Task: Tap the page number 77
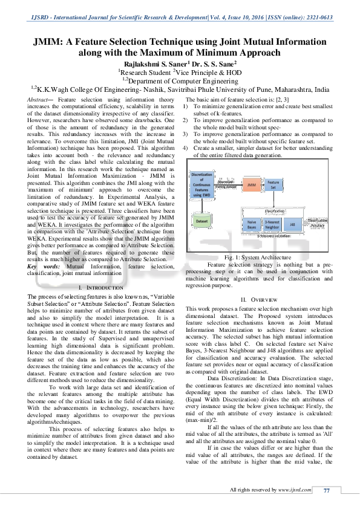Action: coord(327,490)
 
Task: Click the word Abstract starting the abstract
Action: coord(39,99)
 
